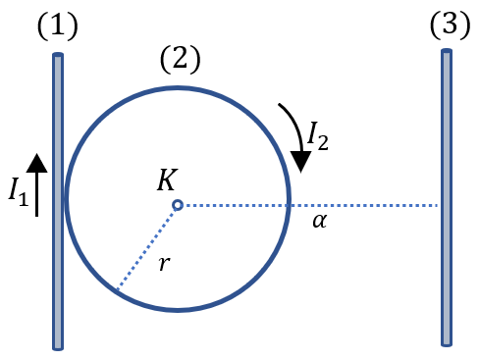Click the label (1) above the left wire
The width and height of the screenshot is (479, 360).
tap(58, 26)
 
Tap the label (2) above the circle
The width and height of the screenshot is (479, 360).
tap(180, 60)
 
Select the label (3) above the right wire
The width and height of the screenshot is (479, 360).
tap(451, 26)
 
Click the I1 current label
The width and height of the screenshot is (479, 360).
tap(19, 192)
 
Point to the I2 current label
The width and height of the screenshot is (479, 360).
tap(318, 135)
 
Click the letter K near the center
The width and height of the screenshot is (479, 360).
tap(168, 180)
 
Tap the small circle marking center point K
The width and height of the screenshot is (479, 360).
tap(178, 205)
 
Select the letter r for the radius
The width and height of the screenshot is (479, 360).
tap(165, 263)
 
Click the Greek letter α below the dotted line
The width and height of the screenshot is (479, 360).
tap(320, 221)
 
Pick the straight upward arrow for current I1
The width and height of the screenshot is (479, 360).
tap(36, 185)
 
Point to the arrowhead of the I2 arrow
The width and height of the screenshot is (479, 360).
tap(300, 162)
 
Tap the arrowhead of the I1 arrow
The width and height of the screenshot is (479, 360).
tap(36, 163)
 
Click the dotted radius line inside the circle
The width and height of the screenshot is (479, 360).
tap(147, 248)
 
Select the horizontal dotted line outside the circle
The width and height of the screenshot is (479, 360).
tap(364, 206)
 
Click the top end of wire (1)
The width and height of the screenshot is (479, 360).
tap(58, 54)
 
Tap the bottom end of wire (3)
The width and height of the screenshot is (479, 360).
tap(447, 344)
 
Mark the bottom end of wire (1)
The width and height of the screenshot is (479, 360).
tap(58, 348)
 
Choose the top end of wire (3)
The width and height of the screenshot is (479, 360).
tap(447, 51)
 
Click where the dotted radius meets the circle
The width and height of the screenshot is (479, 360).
tap(117, 290)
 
